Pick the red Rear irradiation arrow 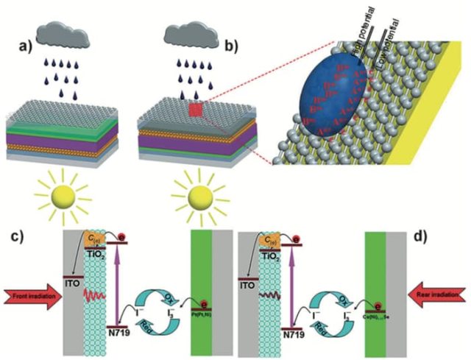click(438, 296)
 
